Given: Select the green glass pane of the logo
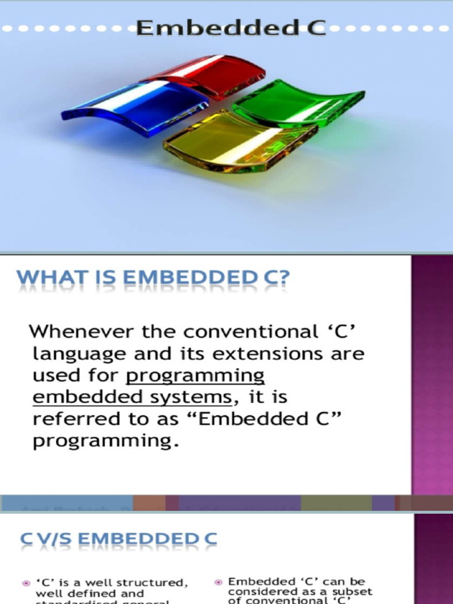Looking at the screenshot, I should tap(298, 105).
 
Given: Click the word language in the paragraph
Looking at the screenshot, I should tap(79, 354).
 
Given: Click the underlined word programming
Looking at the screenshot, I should tap(195, 376).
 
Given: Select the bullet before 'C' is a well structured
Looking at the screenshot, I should tap(26, 583).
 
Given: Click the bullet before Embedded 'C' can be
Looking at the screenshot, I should tap(218, 582).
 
